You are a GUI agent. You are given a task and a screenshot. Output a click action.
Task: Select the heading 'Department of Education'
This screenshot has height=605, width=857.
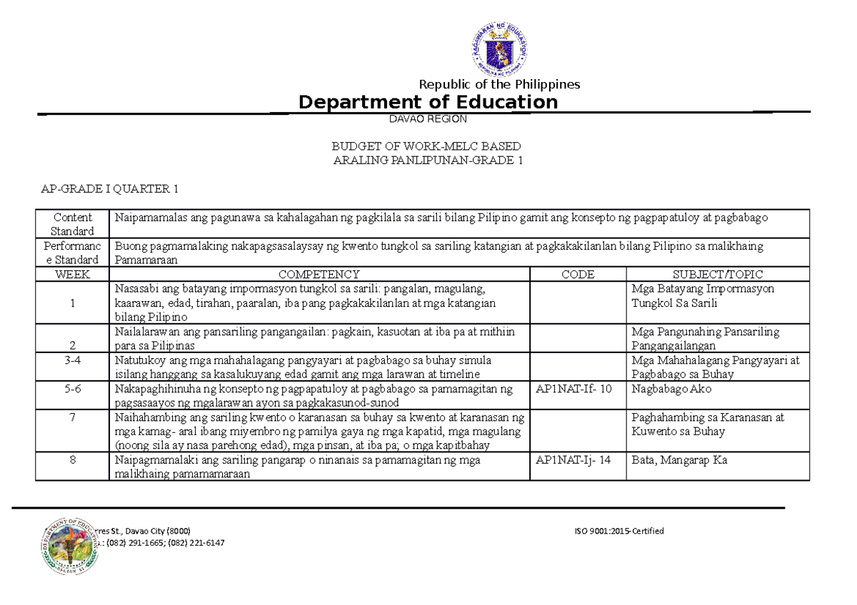(x=428, y=102)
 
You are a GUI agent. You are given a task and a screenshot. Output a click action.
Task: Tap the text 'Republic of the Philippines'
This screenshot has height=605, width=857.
(x=499, y=84)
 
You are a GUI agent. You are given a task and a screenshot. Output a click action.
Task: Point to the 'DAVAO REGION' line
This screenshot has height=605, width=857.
(x=428, y=119)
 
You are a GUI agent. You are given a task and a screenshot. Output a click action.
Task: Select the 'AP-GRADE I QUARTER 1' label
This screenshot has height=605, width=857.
(x=109, y=189)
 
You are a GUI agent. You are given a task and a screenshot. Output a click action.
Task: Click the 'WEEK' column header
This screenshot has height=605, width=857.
(x=72, y=274)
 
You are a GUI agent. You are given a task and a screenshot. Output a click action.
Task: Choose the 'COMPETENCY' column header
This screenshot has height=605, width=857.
(x=319, y=274)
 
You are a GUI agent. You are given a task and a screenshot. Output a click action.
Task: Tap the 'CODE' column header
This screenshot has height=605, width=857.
(x=578, y=274)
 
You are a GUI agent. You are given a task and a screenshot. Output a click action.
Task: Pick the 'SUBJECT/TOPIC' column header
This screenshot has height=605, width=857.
(x=718, y=274)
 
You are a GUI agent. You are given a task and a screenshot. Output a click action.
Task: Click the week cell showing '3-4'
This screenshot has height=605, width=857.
(x=72, y=360)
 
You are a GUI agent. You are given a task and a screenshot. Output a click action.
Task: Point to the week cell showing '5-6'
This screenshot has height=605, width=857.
(x=72, y=390)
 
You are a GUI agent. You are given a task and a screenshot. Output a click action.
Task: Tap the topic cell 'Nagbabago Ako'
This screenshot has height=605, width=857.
(x=671, y=390)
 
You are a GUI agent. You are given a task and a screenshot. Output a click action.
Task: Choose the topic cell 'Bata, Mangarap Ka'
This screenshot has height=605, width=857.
(x=679, y=460)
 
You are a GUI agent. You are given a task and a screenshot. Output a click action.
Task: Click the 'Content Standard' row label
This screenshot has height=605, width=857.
(x=72, y=223)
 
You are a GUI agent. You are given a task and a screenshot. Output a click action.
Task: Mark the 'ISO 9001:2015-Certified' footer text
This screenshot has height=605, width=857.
(x=618, y=531)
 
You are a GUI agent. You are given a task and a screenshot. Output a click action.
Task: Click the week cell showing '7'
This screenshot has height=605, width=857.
(x=72, y=417)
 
